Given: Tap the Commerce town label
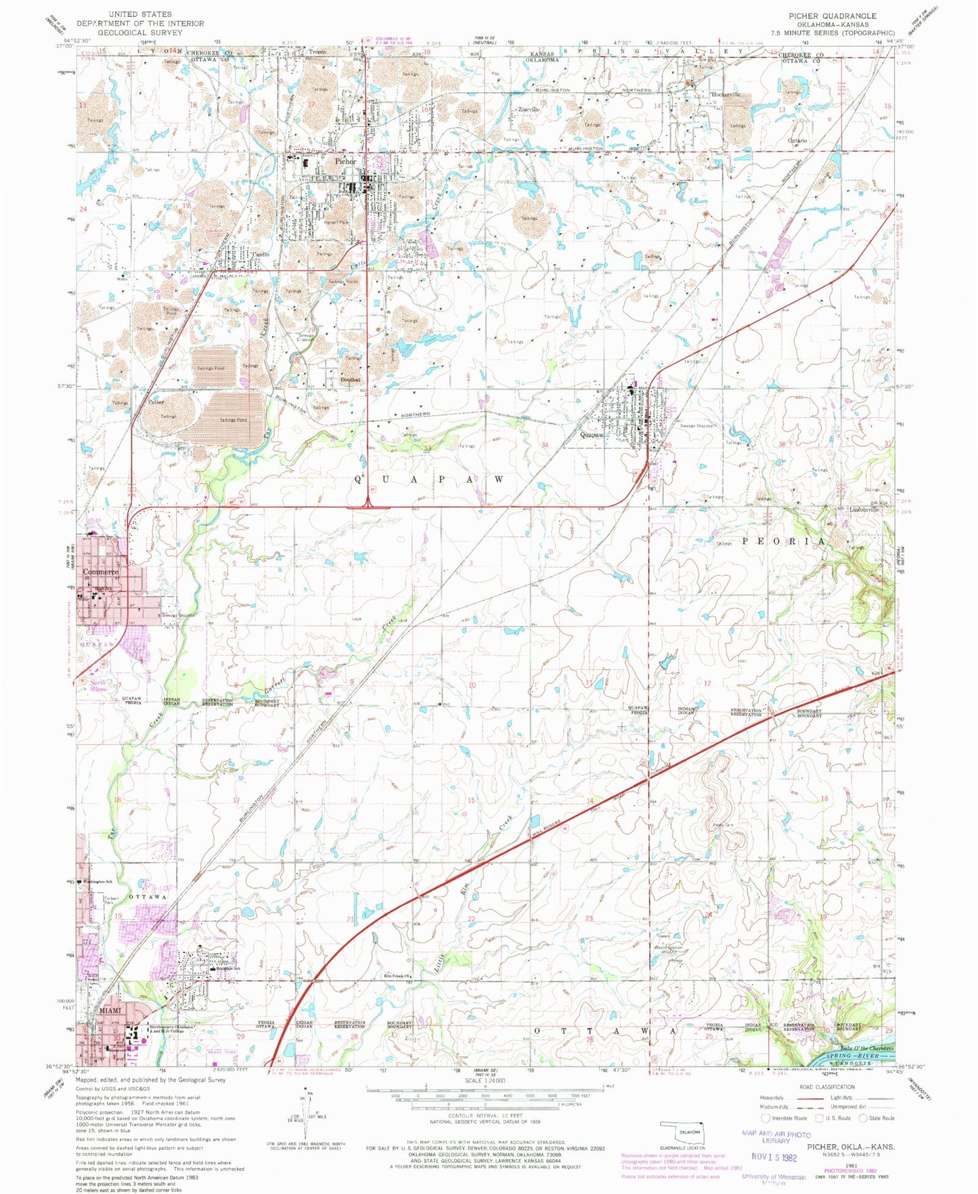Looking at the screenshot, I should coord(100,572).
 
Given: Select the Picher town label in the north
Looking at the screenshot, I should coord(345,162).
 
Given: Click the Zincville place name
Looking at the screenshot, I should coord(528,109).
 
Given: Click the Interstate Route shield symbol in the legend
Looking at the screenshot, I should coord(765,1118).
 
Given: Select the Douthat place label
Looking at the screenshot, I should coord(351,379).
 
